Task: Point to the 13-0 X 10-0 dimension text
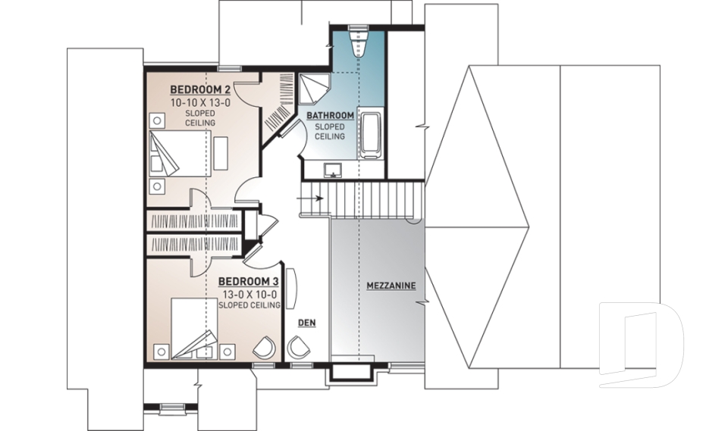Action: [x=247, y=293]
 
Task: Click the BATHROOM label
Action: [x=330, y=115]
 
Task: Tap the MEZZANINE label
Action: [x=391, y=286]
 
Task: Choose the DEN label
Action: [x=306, y=323]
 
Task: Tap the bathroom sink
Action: [x=332, y=169]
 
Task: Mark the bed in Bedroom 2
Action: [x=179, y=155]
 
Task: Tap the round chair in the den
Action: [x=297, y=347]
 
